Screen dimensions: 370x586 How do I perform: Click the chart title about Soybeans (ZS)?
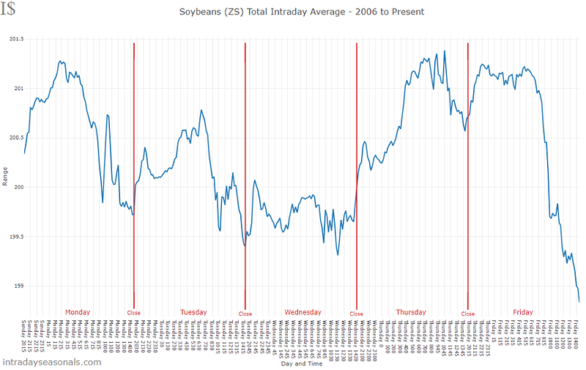click(301, 12)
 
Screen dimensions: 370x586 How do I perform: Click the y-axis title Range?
click(6, 176)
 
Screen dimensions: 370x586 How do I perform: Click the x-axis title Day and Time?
click(301, 364)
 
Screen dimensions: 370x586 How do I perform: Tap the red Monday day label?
click(78, 312)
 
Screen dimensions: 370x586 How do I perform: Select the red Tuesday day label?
click(193, 312)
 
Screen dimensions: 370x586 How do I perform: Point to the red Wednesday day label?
click(303, 312)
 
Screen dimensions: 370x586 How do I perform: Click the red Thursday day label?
click(410, 312)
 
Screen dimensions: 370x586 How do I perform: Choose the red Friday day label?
click(523, 312)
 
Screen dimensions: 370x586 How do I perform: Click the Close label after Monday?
click(133, 314)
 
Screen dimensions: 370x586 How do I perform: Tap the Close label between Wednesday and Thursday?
click(356, 314)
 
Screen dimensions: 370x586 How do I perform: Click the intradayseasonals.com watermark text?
click(51, 362)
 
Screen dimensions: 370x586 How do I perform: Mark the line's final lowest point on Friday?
click(579, 301)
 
